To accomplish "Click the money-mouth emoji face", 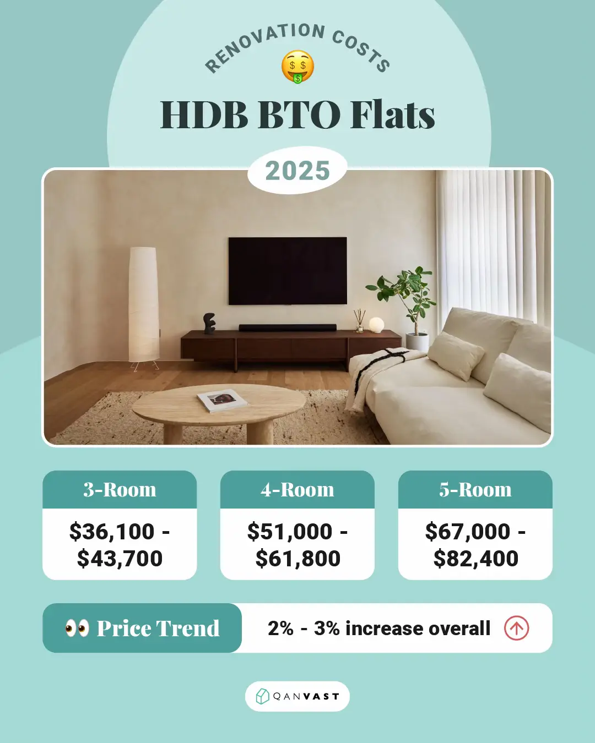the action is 297,67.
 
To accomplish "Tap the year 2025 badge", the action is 297,170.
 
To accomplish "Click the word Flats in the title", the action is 392,114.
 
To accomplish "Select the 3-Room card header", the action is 120,489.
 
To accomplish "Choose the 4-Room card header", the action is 297,489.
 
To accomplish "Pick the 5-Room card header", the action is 475,489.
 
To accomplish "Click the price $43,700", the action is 120,558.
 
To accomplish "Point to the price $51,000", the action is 290,531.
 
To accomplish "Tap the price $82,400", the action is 475,558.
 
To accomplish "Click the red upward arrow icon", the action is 516,628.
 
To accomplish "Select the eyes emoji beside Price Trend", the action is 77,627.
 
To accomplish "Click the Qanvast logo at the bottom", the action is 297,696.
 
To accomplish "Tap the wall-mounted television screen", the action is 288,271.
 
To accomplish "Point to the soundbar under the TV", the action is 288,327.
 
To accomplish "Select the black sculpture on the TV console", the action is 209,324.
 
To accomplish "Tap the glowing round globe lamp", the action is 376,325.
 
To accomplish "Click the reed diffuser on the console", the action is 360,320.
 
